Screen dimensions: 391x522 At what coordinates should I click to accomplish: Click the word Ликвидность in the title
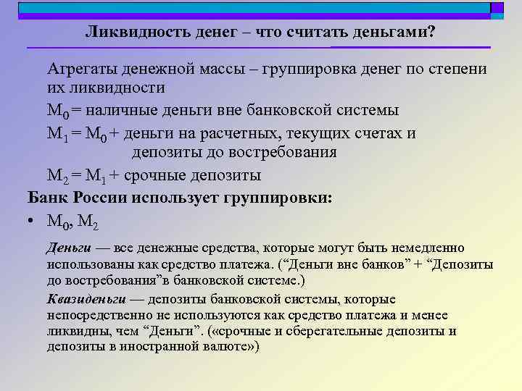point(137,33)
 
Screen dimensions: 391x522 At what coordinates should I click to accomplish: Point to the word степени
point(456,70)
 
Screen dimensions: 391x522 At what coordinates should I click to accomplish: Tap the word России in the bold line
point(103,197)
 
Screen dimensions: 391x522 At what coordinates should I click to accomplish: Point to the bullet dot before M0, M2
point(32,220)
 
